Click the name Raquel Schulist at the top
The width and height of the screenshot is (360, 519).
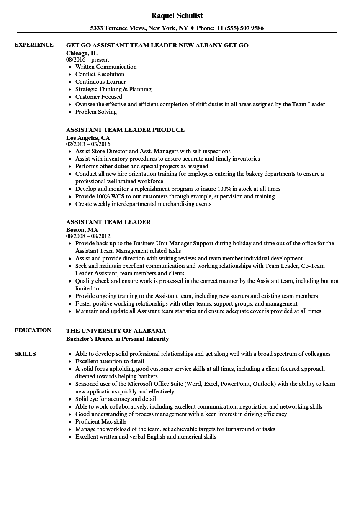click(x=177, y=15)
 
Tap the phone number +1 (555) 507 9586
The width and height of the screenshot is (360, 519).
click(x=240, y=28)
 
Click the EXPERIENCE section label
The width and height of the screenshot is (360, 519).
click(x=34, y=45)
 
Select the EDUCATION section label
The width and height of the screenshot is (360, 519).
click(x=33, y=330)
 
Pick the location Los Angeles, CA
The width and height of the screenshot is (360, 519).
click(x=88, y=137)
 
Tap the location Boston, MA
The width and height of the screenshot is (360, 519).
click(x=82, y=229)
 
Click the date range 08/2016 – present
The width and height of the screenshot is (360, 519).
click(x=87, y=60)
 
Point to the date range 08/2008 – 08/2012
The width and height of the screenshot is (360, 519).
click(x=88, y=236)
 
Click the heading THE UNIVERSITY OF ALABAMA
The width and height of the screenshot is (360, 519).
click(x=116, y=331)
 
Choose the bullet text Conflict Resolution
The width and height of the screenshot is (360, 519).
click(x=100, y=74)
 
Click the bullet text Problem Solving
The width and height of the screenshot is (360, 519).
click(x=96, y=112)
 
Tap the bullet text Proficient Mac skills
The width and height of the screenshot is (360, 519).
click(x=101, y=421)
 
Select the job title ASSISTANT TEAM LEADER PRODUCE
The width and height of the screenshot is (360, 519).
click(x=125, y=130)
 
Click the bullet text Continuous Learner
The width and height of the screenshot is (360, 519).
click(x=100, y=82)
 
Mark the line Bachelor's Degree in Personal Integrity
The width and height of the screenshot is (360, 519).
click(x=117, y=338)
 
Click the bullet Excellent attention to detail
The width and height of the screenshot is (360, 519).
click(x=110, y=361)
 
